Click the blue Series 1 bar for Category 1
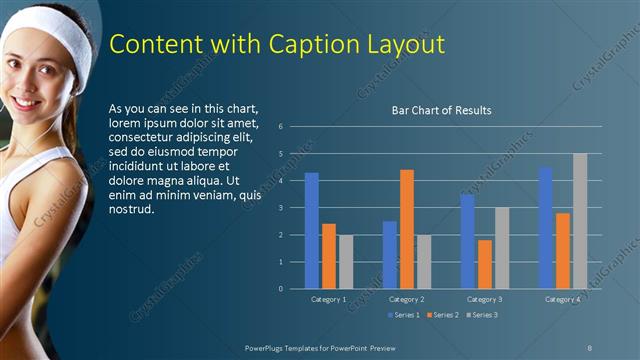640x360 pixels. (312, 231)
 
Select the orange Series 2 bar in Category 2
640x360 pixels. (407, 229)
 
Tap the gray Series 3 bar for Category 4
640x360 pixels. (580, 221)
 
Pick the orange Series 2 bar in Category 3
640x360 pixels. (485, 264)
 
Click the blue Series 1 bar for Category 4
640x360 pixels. (545, 228)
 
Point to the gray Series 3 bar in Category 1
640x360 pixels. (346, 262)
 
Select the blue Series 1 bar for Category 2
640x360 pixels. (390, 255)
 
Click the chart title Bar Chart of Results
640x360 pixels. (441, 110)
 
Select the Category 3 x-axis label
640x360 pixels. (485, 299)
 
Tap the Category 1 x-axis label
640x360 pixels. (329, 299)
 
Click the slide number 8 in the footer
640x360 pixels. (590, 347)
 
